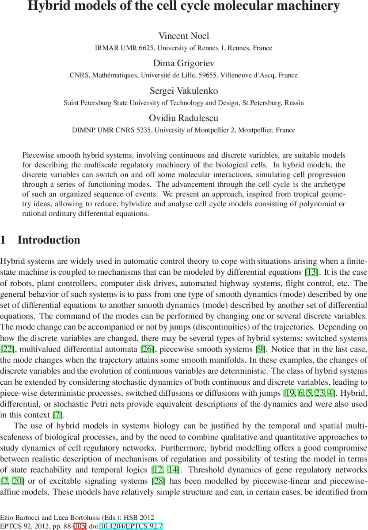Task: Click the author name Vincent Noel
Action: pos(184,36)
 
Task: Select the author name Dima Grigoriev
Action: pos(184,63)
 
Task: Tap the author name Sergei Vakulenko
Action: pos(184,91)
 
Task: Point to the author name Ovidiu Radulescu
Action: pos(184,118)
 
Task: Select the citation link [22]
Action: pos(8,337)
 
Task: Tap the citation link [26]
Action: pos(148,337)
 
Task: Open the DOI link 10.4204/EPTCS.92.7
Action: pos(131,526)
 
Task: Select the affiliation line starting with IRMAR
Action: pos(184,48)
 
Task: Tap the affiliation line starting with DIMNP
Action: pos(184,130)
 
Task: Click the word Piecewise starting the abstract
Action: pos(38,155)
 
